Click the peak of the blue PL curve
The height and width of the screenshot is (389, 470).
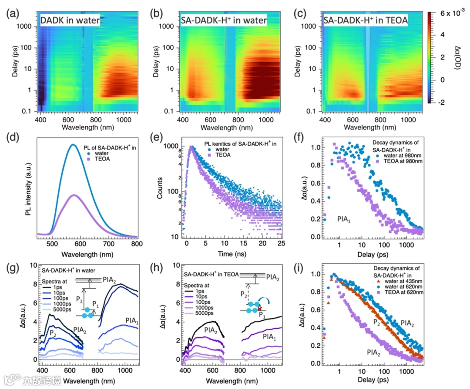click(74, 145)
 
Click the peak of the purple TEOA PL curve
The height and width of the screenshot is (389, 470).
click(75, 195)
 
